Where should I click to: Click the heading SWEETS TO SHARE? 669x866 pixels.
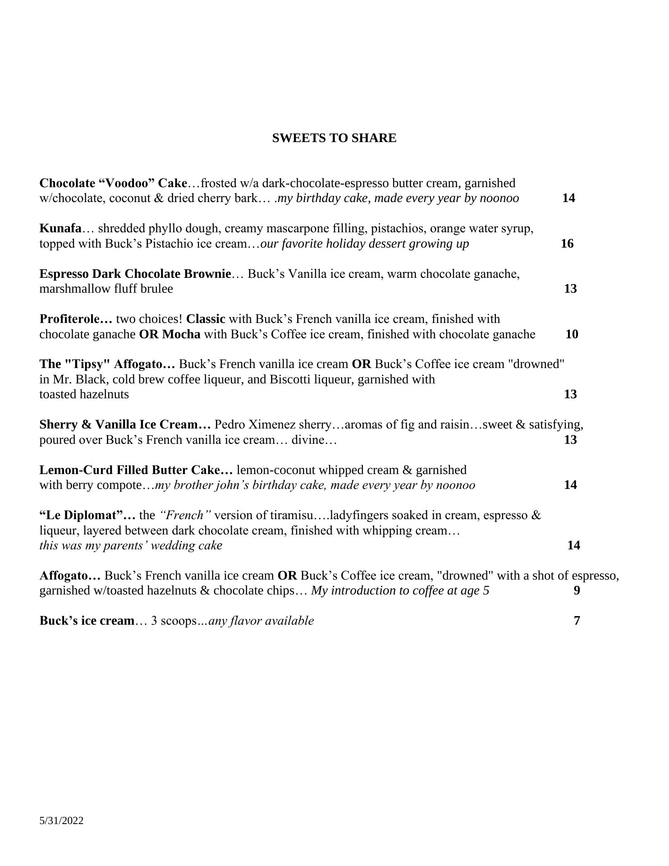(x=334, y=138)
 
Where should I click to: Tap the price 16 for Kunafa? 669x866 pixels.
(x=567, y=244)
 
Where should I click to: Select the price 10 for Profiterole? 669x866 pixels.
(x=572, y=334)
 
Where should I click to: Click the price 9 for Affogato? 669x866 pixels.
(x=577, y=590)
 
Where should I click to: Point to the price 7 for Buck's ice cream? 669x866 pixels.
(x=577, y=621)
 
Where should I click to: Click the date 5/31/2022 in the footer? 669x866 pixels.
(x=61, y=820)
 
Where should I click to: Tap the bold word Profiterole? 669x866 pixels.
(x=69, y=319)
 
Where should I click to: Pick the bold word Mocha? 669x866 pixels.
(x=181, y=334)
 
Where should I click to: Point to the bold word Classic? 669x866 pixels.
(x=206, y=319)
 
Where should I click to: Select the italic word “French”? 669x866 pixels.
(x=185, y=515)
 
